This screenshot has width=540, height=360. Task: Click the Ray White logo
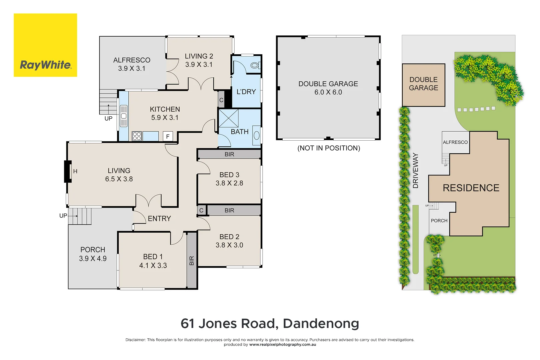(x=45, y=45)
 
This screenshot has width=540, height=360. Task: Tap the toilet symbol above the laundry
(x=255, y=65)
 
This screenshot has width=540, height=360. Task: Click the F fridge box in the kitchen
(x=168, y=136)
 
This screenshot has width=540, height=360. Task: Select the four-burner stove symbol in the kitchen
(x=137, y=136)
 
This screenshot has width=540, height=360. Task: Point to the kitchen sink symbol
(x=124, y=116)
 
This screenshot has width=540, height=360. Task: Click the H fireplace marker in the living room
(x=75, y=171)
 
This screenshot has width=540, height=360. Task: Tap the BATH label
(x=240, y=132)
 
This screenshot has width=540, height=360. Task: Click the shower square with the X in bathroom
(x=229, y=118)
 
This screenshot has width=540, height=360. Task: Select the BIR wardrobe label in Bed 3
(x=229, y=154)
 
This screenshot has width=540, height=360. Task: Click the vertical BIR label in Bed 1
(x=192, y=260)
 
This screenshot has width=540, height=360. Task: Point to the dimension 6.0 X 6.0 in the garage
(x=328, y=92)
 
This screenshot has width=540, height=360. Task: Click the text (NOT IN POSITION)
(x=329, y=148)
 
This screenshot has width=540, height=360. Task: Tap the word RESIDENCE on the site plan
(x=471, y=188)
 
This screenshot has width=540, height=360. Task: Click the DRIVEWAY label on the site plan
(x=415, y=171)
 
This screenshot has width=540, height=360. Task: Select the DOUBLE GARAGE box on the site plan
(x=423, y=85)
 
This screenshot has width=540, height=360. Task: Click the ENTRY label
(x=159, y=219)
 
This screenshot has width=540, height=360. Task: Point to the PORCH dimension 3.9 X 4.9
(x=93, y=259)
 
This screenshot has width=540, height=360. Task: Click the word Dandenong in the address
(x=321, y=323)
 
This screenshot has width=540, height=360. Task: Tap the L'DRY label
(x=246, y=92)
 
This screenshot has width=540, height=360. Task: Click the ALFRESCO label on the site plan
(x=455, y=142)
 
